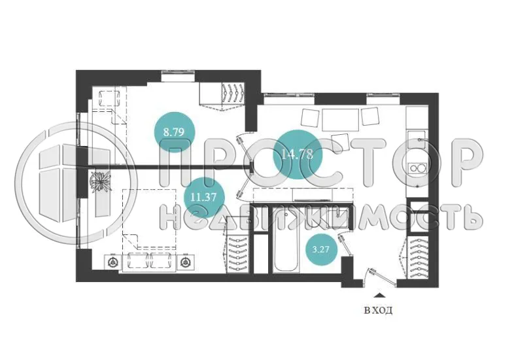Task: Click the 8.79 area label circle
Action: tap(174, 131)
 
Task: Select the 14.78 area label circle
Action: tap(297, 154)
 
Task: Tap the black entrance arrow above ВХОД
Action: tap(377, 297)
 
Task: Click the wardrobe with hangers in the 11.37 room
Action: tap(238, 255)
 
